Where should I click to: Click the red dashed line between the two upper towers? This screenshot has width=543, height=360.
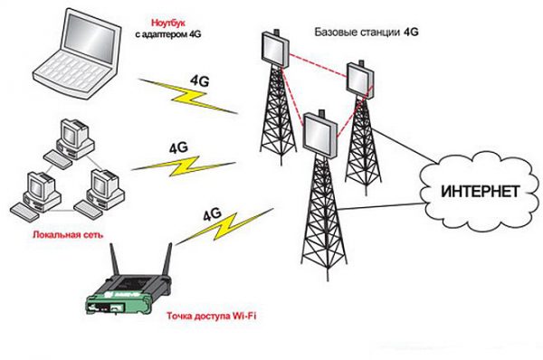317,54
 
